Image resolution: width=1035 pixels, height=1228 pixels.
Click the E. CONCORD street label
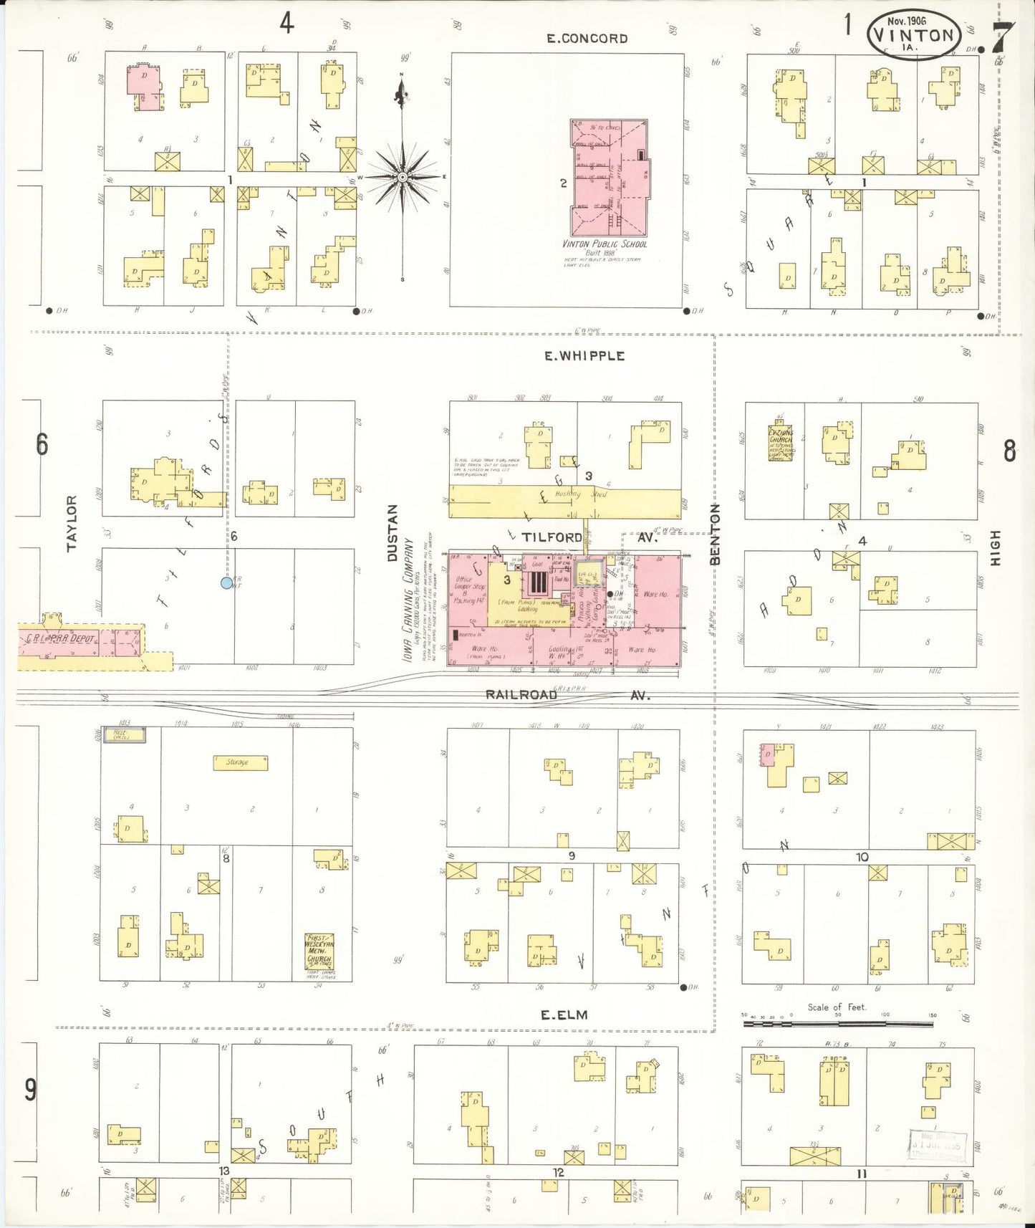pyautogui.click(x=587, y=39)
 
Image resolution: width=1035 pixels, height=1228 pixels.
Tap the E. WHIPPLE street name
pyautogui.click(x=584, y=356)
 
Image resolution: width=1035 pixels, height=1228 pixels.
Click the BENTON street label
pyautogui.click(x=714, y=534)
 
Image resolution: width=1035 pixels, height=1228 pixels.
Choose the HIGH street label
pyautogui.click(x=995, y=548)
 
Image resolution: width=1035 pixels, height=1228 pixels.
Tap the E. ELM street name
pyautogui.click(x=564, y=1014)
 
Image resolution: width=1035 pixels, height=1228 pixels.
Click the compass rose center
pyautogui.click(x=403, y=176)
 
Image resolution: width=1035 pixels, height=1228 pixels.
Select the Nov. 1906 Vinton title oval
pyautogui.click(x=913, y=34)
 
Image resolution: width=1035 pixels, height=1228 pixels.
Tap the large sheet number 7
pyautogui.click(x=1003, y=37)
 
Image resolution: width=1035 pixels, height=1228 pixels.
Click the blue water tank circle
pyautogui.click(x=226, y=582)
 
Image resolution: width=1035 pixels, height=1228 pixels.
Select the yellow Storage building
pyautogui.click(x=240, y=762)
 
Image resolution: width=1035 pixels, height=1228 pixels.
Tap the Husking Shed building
pyautogui.click(x=566, y=501)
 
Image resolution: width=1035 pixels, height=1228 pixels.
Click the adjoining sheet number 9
pyautogui.click(x=30, y=1090)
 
